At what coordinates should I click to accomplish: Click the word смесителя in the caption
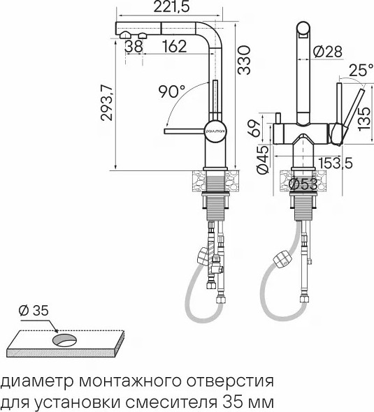click(176, 402)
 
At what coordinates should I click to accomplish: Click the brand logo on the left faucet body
click(213, 130)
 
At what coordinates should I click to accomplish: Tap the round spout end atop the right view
click(303, 30)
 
